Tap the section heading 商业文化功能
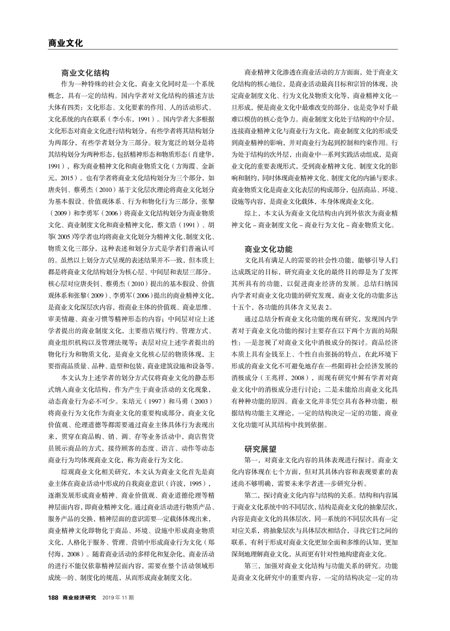coord(269,234)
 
